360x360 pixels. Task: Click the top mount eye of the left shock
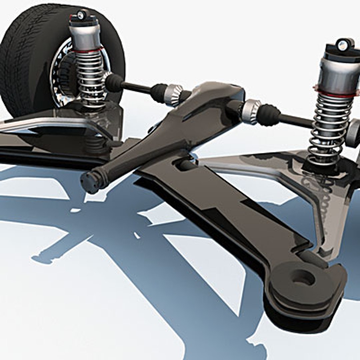click(x=81, y=14)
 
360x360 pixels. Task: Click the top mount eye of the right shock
click(x=343, y=44)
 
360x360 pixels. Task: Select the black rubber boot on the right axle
click(x=268, y=115)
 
